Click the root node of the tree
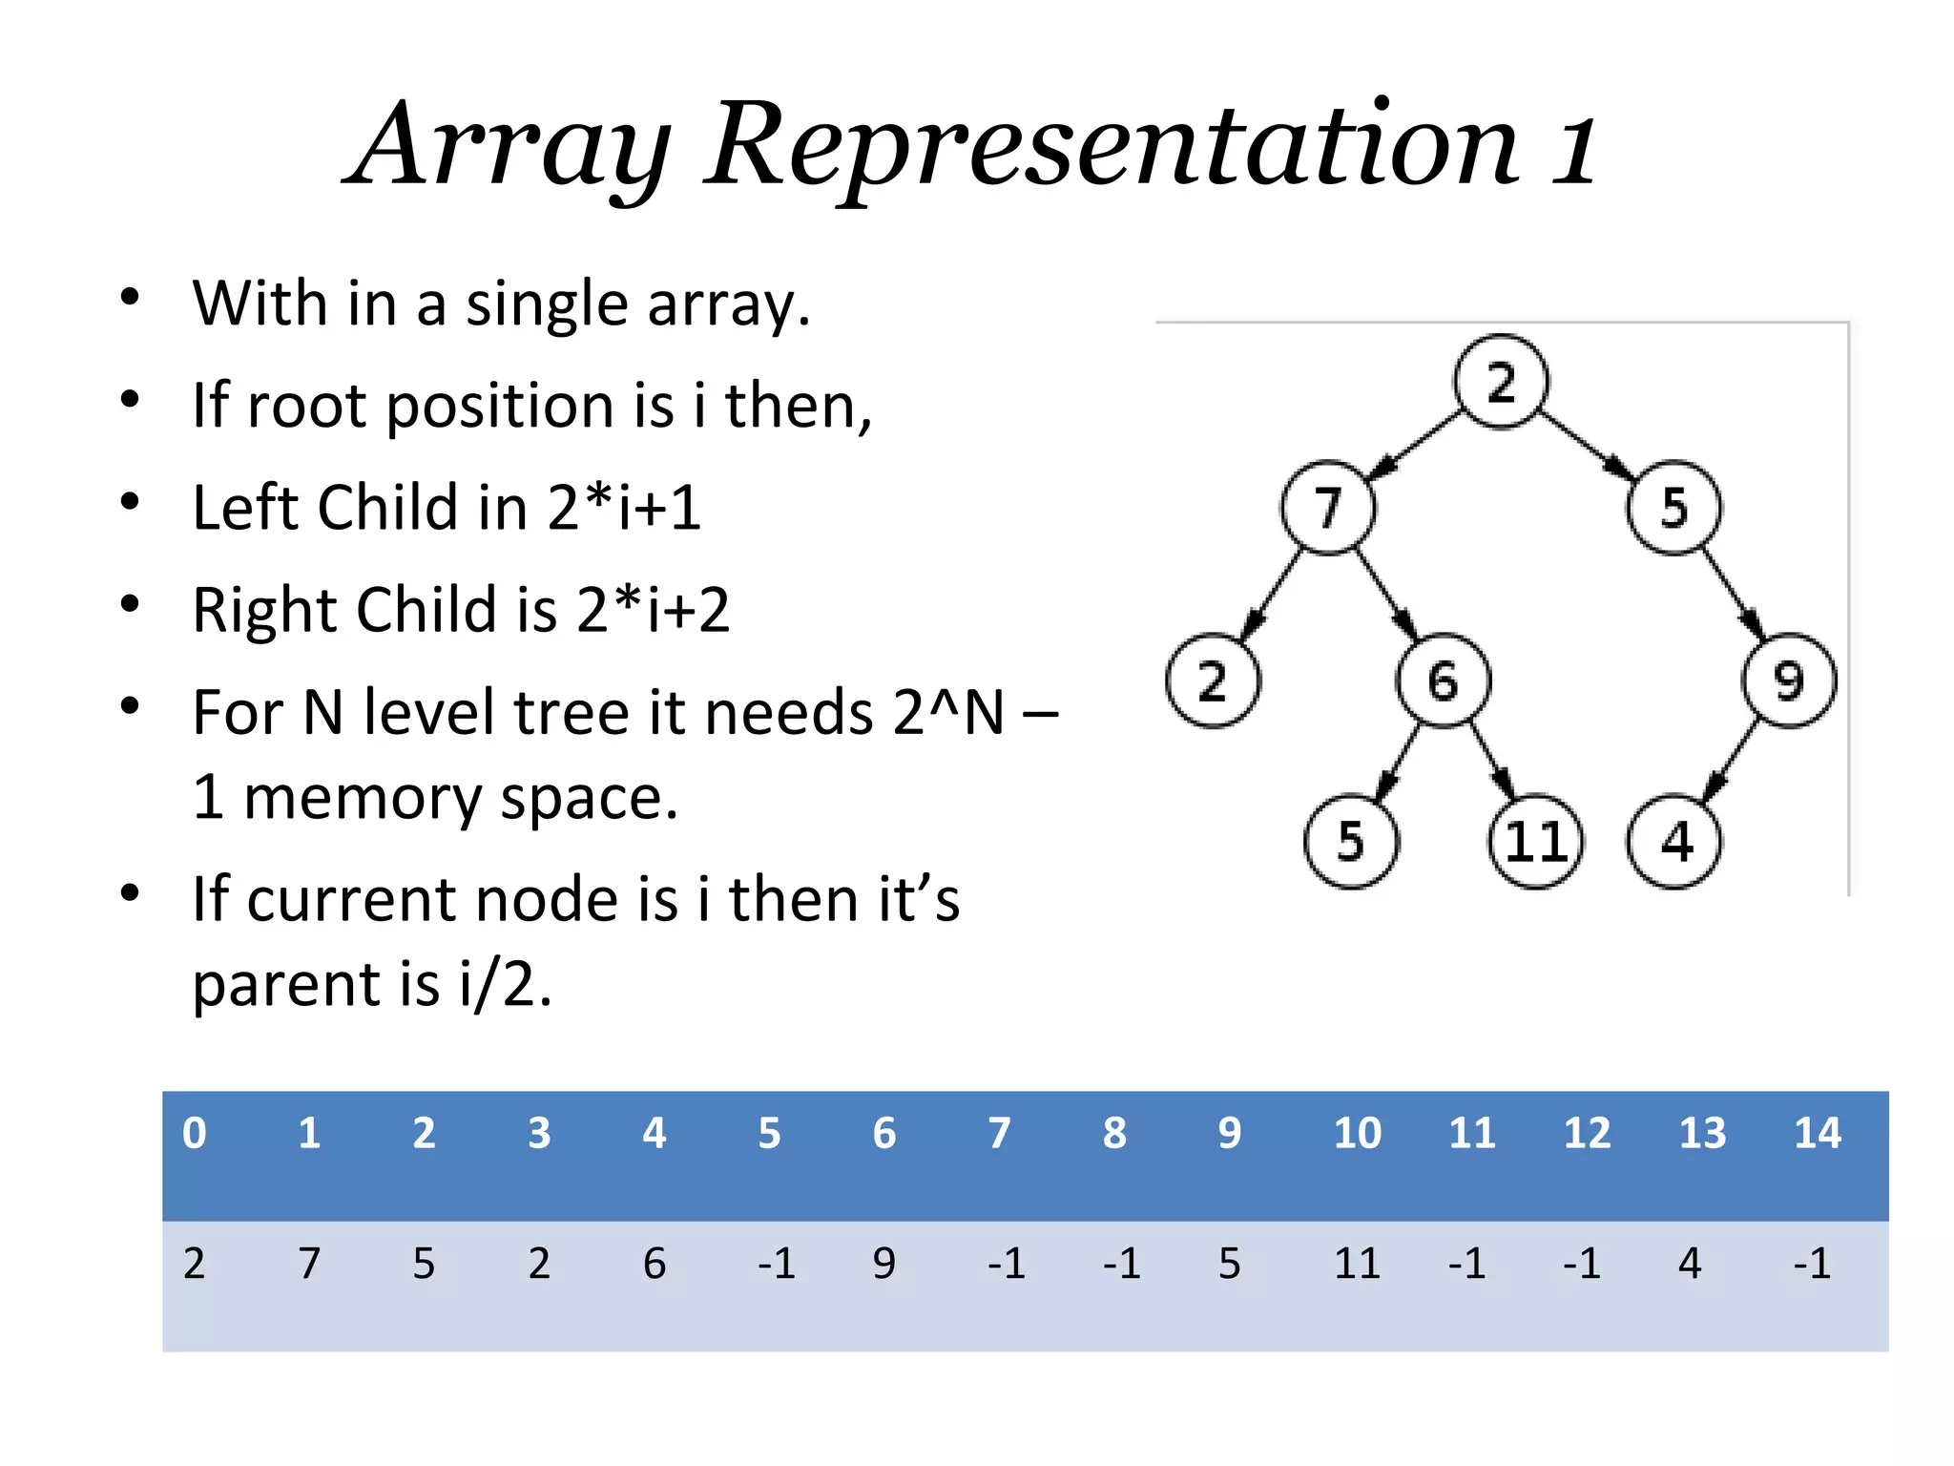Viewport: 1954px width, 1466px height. pos(1500,382)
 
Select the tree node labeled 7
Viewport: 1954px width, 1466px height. pos(1328,507)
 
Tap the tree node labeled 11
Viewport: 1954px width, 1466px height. pos(1535,842)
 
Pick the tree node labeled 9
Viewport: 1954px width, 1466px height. pos(1788,681)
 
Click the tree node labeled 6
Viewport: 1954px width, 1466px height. pos(1443,681)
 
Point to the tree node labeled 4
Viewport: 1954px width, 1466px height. pos(1674,842)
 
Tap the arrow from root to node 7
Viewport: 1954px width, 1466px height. pos(1416,444)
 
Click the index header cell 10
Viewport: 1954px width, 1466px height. pos(1357,1133)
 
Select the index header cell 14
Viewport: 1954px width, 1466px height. pos(1817,1133)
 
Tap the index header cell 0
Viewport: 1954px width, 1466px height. pos(195,1133)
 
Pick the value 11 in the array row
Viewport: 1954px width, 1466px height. pos(1357,1264)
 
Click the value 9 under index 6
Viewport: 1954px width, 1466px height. pos(884,1264)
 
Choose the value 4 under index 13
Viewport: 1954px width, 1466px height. pos(1690,1264)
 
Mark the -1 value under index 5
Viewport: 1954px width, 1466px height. pos(777,1264)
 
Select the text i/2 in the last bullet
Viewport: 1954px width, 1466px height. pos(504,984)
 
